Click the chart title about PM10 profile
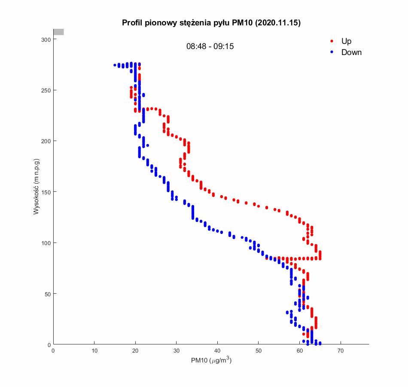pyautogui.click(x=211, y=23)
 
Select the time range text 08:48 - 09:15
pyautogui.click(x=210, y=46)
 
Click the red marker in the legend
pyautogui.click(x=332, y=41)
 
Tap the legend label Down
pyautogui.click(x=351, y=52)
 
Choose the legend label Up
pyautogui.click(x=346, y=41)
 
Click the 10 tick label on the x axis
pyautogui.click(x=94, y=351)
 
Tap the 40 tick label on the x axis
pyautogui.click(x=217, y=351)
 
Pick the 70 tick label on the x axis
pyautogui.click(x=341, y=351)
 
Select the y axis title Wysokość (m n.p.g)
pyautogui.click(x=37, y=187)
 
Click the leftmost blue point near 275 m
pyautogui.click(x=115, y=65)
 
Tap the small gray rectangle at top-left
pyautogui.click(x=58, y=32)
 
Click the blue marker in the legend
pyautogui.click(x=332, y=52)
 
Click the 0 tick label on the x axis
pyautogui.click(x=53, y=351)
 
